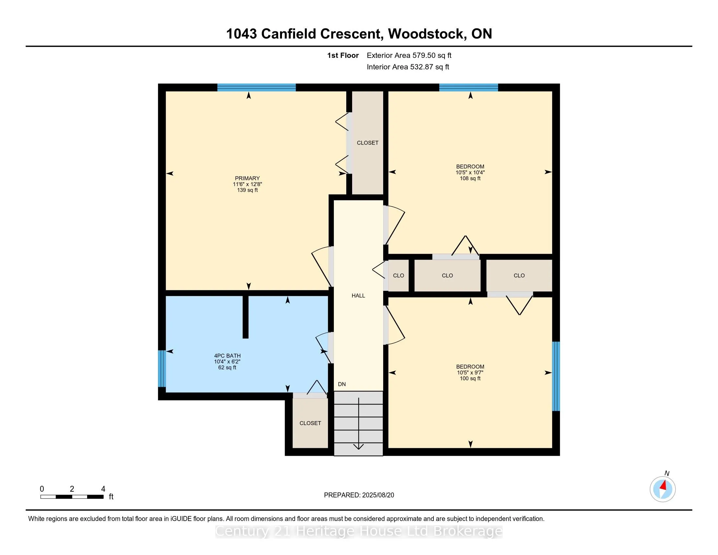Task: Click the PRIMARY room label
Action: coord(247,178)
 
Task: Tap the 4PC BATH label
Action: coord(227,356)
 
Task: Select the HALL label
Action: coord(358,295)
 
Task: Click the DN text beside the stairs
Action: coord(342,384)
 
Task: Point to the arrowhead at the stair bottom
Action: coord(358,446)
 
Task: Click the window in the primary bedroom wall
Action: coord(257,87)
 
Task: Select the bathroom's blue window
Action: coord(162,368)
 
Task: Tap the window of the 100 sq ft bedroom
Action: coord(555,376)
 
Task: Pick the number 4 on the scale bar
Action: coord(103,489)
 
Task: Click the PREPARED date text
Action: coord(359,495)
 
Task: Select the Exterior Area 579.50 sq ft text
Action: coord(409,55)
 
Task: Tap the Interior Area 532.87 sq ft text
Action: coord(408,67)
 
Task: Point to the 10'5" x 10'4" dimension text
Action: coord(470,172)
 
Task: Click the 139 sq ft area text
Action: coord(247,190)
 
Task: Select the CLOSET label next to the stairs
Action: coord(310,423)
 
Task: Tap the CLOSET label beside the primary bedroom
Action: coord(367,143)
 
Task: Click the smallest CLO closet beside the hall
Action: coord(398,276)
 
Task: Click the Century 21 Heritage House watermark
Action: coord(359,531)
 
